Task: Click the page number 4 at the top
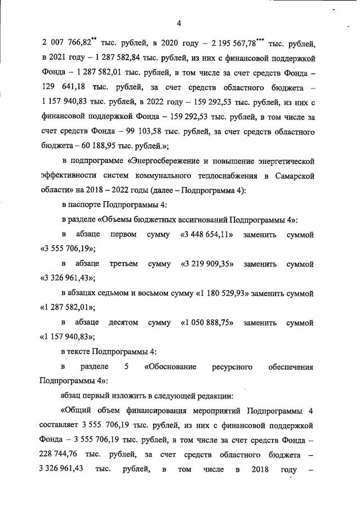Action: coord(179,23)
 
